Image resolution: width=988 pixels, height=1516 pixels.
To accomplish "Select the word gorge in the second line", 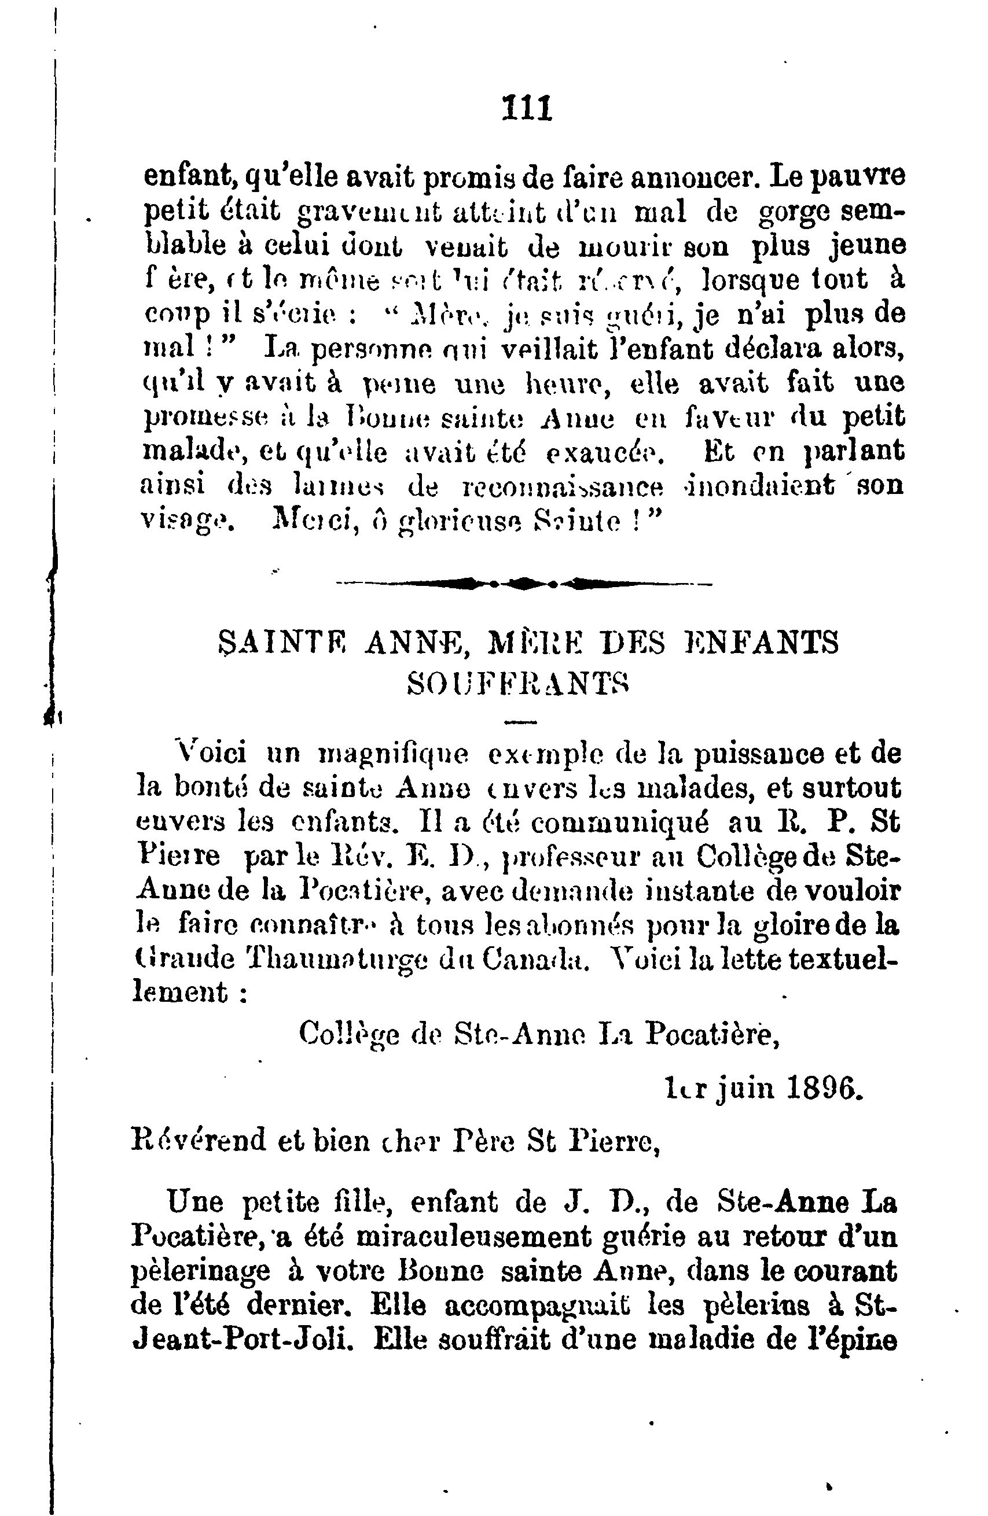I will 794,213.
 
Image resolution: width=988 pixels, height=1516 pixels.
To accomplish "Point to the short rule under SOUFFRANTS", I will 521,722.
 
